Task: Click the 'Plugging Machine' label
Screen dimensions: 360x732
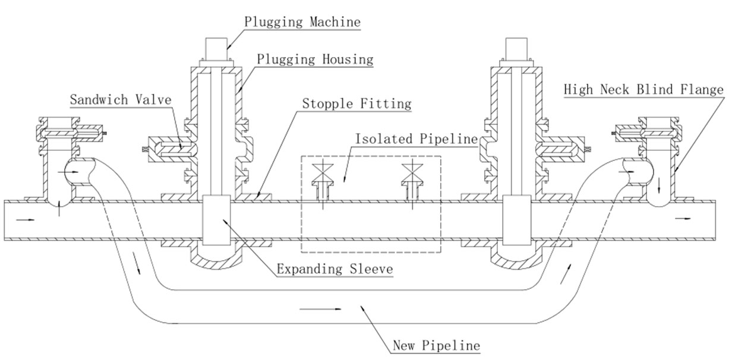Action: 302,22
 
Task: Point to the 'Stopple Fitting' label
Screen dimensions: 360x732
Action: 356,103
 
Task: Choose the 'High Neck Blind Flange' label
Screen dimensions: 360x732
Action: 643,90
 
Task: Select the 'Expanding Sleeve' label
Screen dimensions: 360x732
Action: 335,269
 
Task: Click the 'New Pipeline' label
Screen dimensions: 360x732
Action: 436,345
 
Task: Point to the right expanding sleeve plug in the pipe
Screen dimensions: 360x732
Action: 515,220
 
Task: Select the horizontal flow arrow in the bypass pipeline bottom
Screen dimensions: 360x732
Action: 321,309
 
